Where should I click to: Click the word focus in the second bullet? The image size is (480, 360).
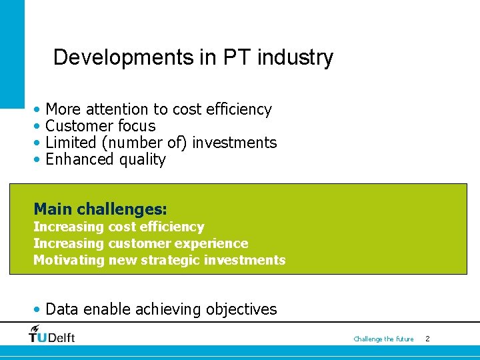click(137, 126)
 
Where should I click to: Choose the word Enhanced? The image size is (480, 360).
click(80, 159)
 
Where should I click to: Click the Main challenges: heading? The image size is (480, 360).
click(100, 209)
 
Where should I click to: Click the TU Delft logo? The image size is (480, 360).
click(52, 334)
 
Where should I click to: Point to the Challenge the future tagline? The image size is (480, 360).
click(383, 339)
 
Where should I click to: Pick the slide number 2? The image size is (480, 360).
click(427, 339)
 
